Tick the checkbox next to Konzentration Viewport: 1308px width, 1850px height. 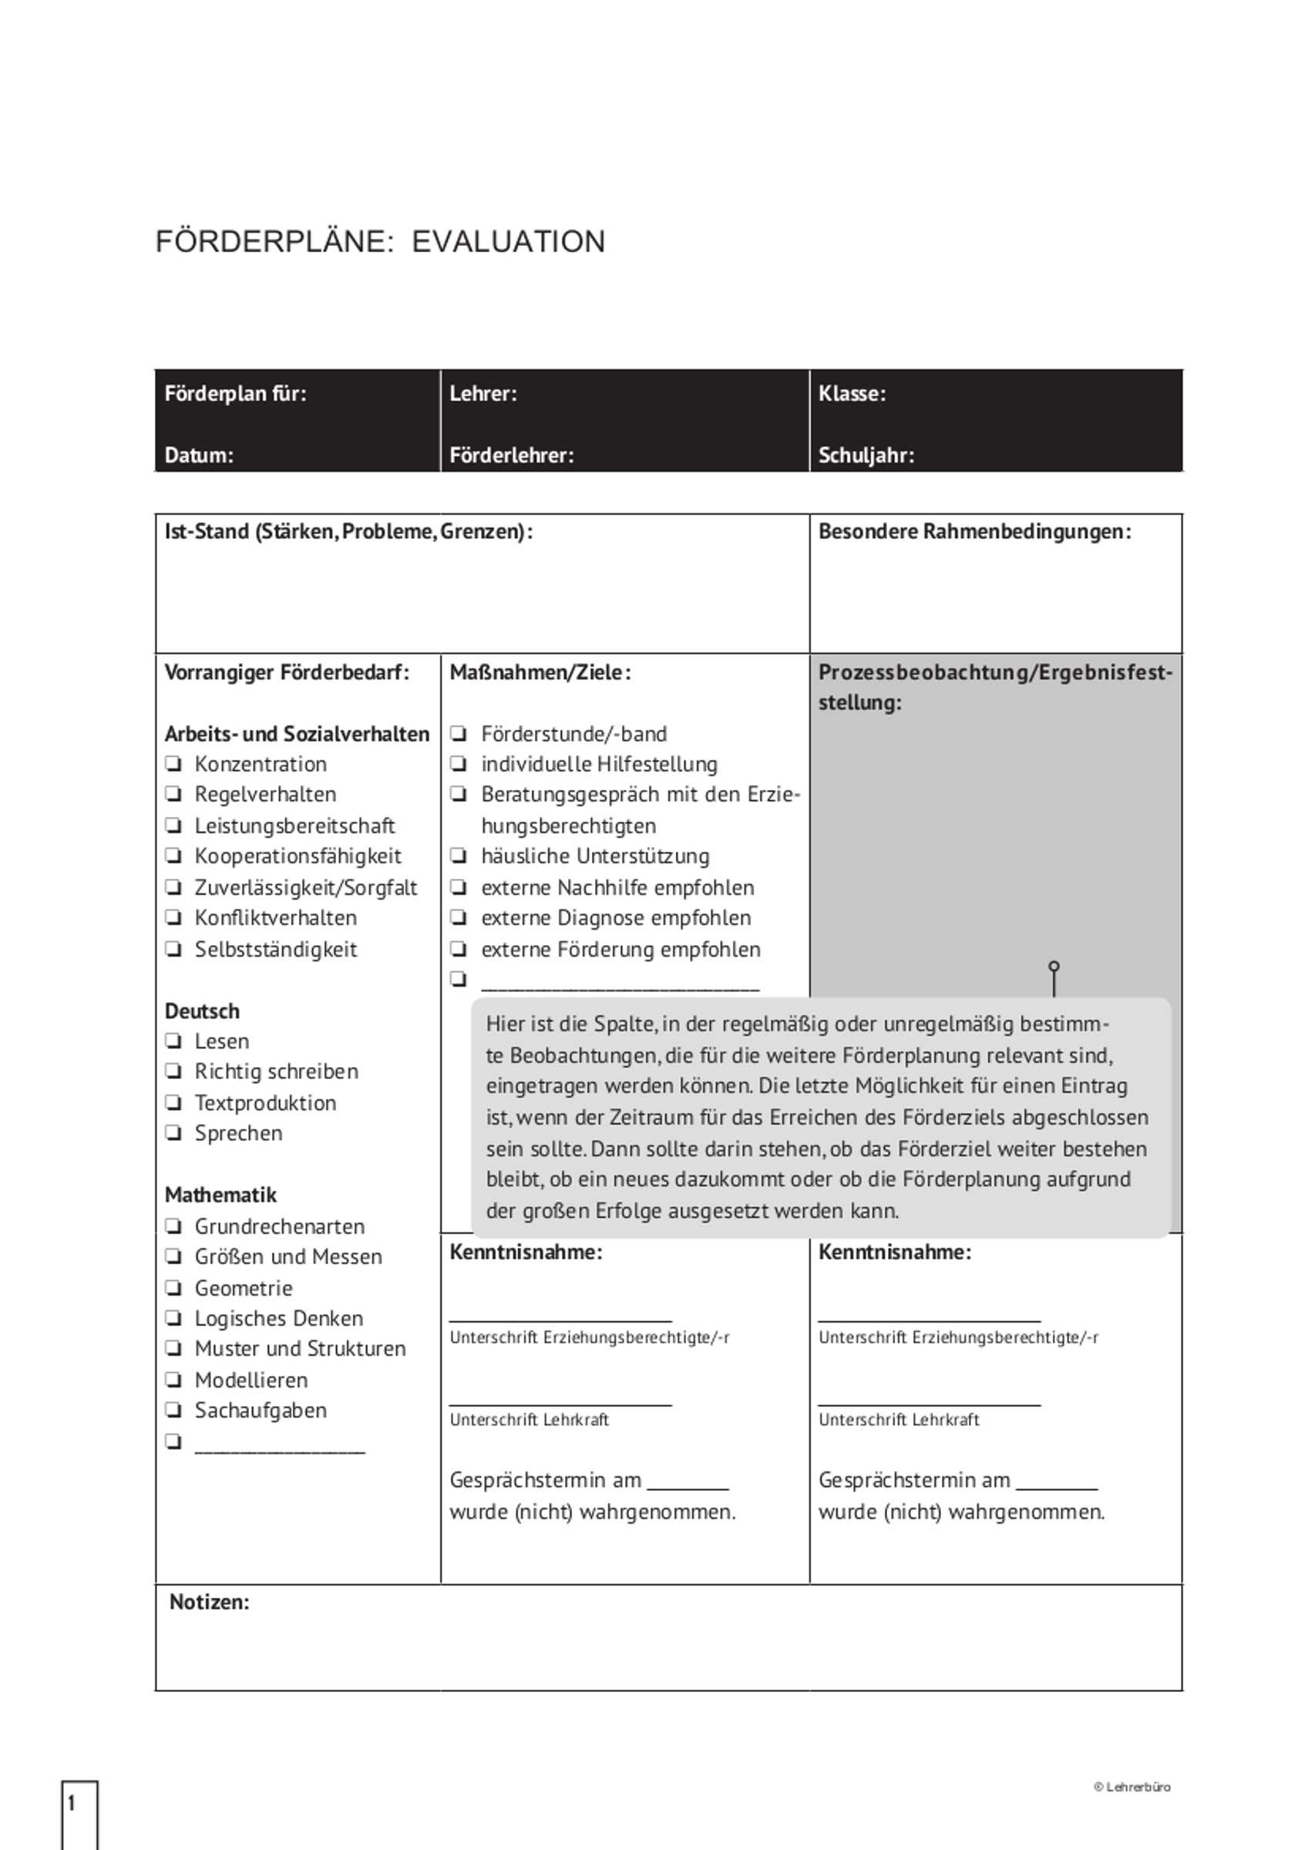point(173,763)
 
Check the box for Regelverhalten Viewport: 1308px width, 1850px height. point(173,794)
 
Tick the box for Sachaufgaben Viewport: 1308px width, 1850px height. point(173,1410)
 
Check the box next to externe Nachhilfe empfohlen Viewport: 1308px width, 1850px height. point(459,887)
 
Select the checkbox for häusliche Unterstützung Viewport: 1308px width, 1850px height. point(459,856)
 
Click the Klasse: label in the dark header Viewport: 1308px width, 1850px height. point(852,393)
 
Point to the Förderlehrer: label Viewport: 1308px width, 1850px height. point(512,456)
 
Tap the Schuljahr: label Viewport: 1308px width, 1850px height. point(866,456)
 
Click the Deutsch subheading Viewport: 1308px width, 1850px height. point(202,1011)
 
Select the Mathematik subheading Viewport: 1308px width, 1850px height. point(220,1194)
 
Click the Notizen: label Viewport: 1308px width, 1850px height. point(210,1602)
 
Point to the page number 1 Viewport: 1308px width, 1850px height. point(72,1803)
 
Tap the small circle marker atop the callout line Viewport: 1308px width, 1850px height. point(1054,965)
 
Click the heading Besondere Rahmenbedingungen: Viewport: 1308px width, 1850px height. point(974,532)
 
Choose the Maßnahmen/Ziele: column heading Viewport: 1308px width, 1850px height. point(540,672)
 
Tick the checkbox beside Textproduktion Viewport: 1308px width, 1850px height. point(173,1102)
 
